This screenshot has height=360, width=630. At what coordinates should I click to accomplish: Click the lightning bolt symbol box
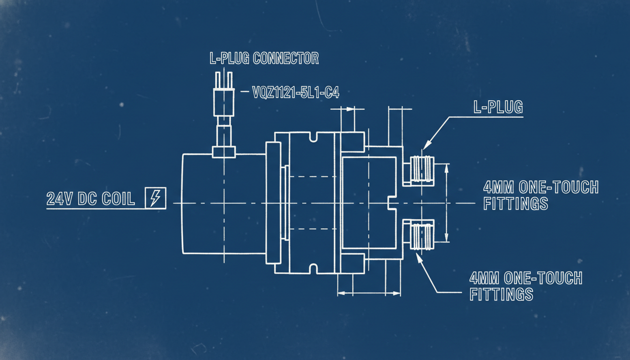tap(156, 198)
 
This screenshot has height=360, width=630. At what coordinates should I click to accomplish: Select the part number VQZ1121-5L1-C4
tap(296, 92)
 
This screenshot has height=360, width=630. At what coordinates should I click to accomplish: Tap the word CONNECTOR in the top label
tap(286, 58)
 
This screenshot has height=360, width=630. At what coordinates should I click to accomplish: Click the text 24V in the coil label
tap(60, 199)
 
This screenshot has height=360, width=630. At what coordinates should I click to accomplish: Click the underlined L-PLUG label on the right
tap(498, 107)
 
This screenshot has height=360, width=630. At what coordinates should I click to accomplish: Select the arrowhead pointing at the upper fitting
tap(427, 145)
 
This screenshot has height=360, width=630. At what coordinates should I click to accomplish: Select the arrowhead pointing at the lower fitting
tap(420, 258)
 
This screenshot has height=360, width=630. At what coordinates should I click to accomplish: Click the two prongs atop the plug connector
tap(224, 80)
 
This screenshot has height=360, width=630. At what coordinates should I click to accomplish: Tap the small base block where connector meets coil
tap(224, 152)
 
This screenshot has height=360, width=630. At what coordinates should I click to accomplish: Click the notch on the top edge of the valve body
tap(313, 137)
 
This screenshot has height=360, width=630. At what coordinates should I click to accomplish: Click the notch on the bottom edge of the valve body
tap(313, 269)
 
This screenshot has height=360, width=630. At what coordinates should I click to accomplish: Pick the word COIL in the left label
tap(118, 199)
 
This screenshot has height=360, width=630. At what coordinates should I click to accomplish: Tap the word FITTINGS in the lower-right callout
tap(502, 294)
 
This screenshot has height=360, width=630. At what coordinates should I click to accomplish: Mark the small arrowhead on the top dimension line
tap(350, 109)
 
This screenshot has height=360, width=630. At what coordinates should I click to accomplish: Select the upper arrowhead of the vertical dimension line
tap(447, 168)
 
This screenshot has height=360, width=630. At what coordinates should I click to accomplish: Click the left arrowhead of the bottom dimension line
tap(341, 293)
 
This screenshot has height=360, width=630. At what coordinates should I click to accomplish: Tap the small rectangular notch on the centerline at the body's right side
tap(392, 203)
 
